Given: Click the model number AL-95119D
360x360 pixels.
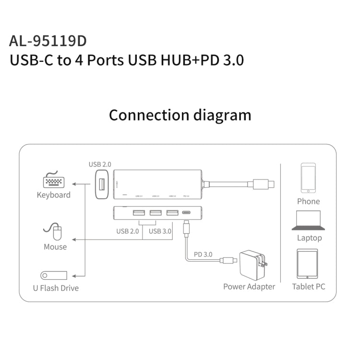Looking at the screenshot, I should tap(48, 41).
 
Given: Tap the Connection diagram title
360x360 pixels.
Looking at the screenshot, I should tap(180, 115).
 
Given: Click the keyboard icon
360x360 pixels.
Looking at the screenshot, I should tap(54, 181).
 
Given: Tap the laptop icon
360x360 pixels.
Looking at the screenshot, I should tap(309, 220).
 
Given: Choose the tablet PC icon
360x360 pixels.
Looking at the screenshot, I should tap(307, 264).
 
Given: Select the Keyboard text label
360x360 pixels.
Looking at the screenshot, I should tap(54, 195).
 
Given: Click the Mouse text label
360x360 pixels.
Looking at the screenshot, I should tap(55, 247).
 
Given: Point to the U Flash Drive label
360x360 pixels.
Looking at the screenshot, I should tap(56, 288).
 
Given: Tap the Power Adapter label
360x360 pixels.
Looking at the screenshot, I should tap(249, 287).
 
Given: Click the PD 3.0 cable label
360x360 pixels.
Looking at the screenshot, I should tap(203, 254).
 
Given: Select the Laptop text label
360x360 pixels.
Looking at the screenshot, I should tap(309, 238).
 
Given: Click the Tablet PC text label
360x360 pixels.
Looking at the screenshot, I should tap(309, 287).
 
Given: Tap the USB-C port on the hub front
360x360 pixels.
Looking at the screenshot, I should tap(186, 213).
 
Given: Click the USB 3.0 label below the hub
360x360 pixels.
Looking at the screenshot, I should tap(160, 231).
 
